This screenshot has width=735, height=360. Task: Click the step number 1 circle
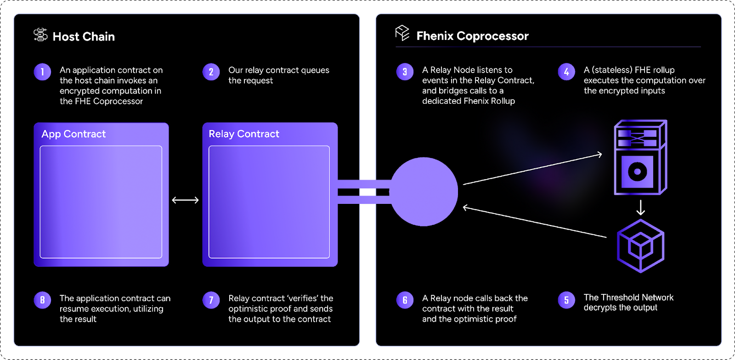(42, 72)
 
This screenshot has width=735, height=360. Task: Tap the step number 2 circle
(211, 72)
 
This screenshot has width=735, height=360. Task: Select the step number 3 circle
(405, 72)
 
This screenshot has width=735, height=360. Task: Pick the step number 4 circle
(566, 72)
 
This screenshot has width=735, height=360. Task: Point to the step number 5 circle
(566, 300)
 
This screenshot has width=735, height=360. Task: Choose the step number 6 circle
(405, 300)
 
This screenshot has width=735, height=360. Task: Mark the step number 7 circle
(211, 300)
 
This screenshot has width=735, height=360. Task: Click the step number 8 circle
(42, 300)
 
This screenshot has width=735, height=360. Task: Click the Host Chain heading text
(84, 37)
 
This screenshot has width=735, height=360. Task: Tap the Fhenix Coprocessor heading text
(472, 36)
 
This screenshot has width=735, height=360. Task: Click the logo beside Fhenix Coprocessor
(402, 33)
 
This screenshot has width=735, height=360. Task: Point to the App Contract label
(73, 134)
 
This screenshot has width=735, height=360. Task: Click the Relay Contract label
(244, 134)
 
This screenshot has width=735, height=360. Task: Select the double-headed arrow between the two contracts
(185, 200)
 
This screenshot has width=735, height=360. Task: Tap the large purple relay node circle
(424, 192)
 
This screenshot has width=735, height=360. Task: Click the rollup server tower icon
(640, 157)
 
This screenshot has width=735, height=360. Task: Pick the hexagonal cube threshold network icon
(640, 246)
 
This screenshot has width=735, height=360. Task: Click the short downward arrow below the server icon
(640, 207)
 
